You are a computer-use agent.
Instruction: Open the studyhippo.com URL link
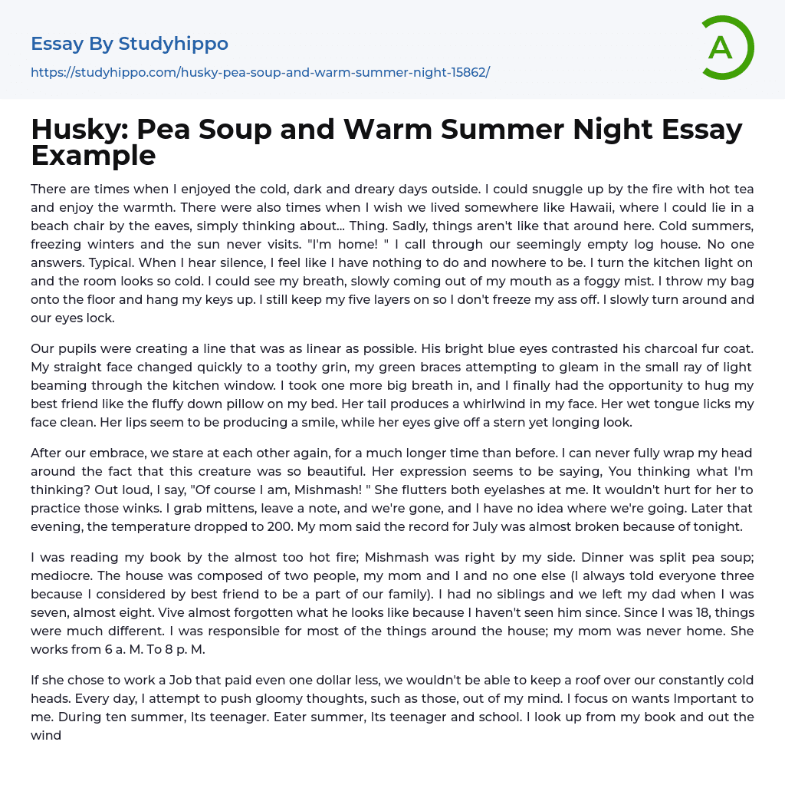(260, 72)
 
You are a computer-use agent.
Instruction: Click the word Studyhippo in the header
(173, 44)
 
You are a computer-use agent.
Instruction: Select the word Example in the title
(94, 156)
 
